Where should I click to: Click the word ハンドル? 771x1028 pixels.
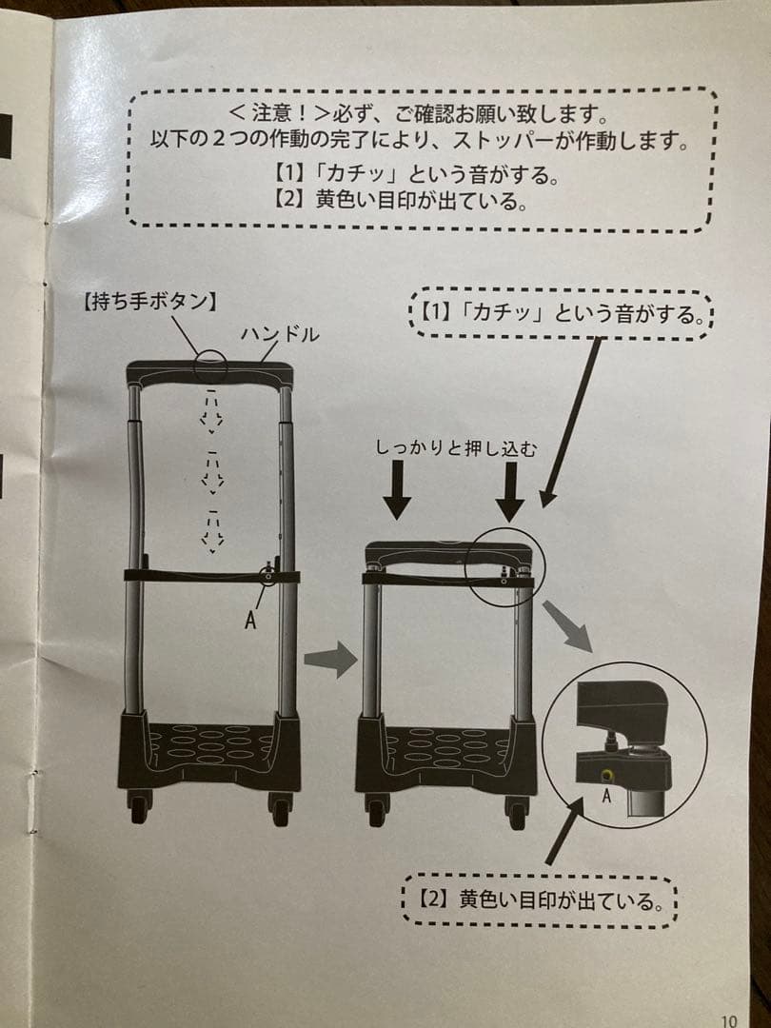pyautogui.click(x=278, y=335)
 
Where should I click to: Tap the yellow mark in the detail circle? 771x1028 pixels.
pyautogui.click(x=606, y=776)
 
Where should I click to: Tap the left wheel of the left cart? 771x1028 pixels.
pyautogui.click(x=139, y=807)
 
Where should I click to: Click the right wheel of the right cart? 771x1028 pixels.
pyautogui.click(x=517, y=812)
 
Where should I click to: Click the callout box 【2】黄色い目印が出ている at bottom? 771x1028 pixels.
pyautogui.click(x=539, y=899)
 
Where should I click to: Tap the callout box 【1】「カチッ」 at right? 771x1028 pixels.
pyautogui.click(x=561, y=312)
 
